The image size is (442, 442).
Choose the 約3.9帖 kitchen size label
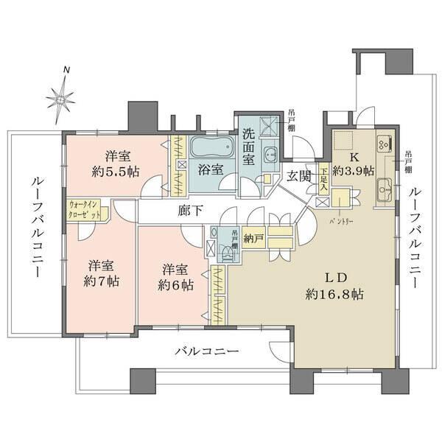coord(353,170)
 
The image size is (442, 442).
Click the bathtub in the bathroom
coord(211,147)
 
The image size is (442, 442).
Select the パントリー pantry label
coord(341,220)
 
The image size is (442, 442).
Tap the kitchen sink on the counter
coord(383,193)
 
